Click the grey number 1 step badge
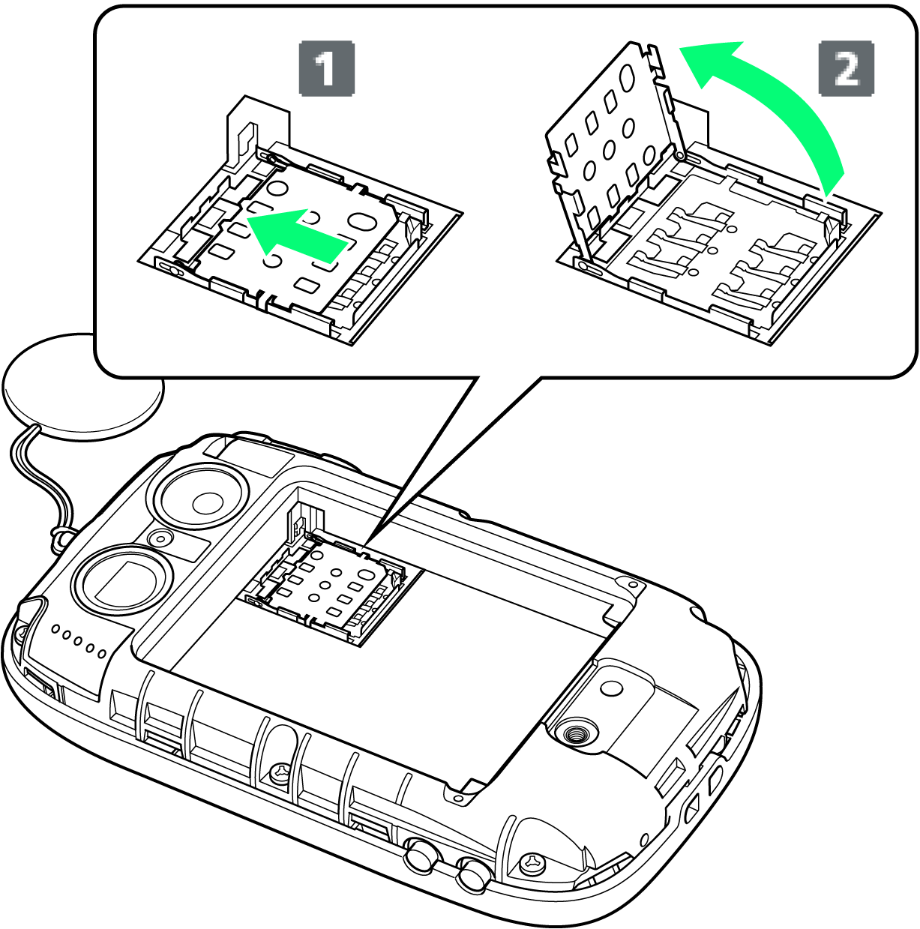pos(327,69)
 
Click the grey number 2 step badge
pos(847,68)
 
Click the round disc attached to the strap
pos(83,385)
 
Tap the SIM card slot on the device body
pos(333,588)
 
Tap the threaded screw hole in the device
pos(576,736)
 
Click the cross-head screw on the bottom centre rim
pos(280,774)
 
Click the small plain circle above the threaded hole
pos(613,687)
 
